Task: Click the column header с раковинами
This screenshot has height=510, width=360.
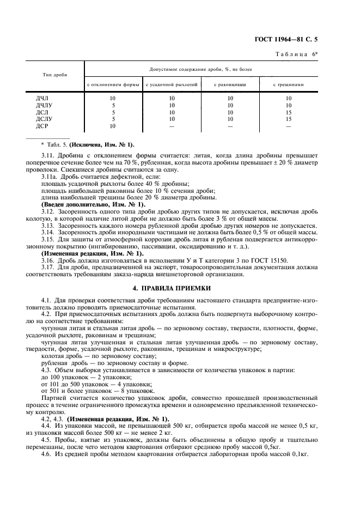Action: coord(230,85)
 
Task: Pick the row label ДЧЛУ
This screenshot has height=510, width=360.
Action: coord(45,105)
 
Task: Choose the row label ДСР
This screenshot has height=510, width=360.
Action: coord(42,126)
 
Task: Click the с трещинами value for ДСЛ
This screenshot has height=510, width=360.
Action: coord(289,112)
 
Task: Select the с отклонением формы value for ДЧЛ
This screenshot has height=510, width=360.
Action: coord(113,99)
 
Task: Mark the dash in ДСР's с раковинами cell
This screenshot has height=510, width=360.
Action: coord(230,126)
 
